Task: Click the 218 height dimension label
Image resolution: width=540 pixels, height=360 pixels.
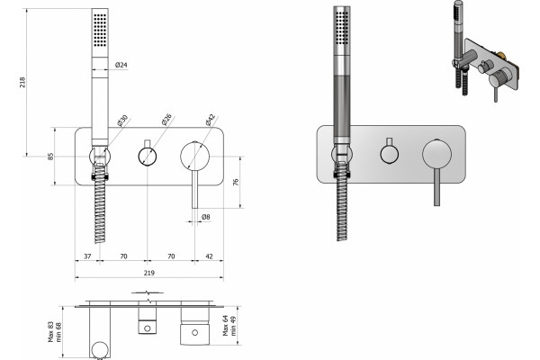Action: [22, 82]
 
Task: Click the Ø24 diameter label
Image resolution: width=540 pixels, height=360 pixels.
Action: [121, 65]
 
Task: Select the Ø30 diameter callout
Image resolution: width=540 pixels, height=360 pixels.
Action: [122, 121]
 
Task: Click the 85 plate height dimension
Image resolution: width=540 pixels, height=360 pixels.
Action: [50, 156]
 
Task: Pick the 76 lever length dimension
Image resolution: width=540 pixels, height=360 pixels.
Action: [236, 182]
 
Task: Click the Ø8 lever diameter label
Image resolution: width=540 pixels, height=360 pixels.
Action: [205, 217]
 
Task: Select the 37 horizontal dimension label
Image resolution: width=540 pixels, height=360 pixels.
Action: [87, 256]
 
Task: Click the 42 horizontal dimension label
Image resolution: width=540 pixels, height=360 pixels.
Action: [209, 256]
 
